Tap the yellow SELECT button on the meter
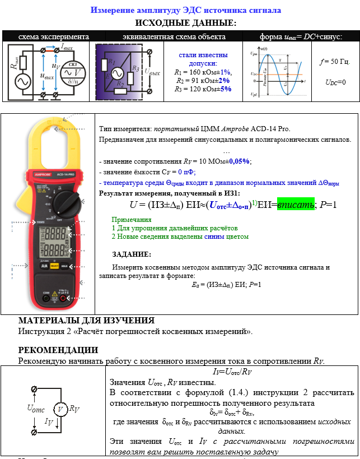point(55,266)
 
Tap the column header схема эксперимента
point(46,36)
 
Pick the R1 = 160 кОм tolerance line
point(203,72)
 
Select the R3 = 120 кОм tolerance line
point(203,89)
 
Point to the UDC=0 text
point(335,82)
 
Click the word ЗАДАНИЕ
point(131,254)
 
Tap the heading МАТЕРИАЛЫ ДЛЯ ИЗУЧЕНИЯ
point(86,321)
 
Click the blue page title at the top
point(186,10)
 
